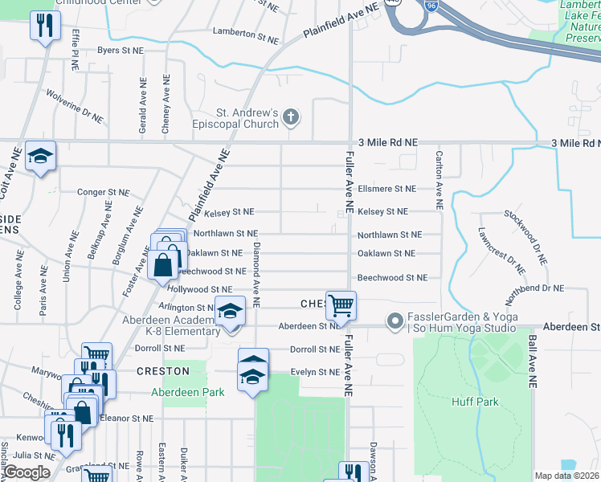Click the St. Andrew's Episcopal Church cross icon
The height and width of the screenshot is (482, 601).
[x=291, y=119]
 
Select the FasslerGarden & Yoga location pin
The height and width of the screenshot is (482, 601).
[x=394, y=321]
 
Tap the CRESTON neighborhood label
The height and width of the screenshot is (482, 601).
[x=163, y=371]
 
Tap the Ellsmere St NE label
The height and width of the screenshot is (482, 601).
[x=387, y=189]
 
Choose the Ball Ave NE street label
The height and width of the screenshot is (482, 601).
[x=531, y=362]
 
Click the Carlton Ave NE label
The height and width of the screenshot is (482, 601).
[x=440, y=180]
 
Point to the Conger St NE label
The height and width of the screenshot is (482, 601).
[x=103, y=192]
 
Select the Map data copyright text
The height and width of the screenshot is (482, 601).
[x=566, y=476]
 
